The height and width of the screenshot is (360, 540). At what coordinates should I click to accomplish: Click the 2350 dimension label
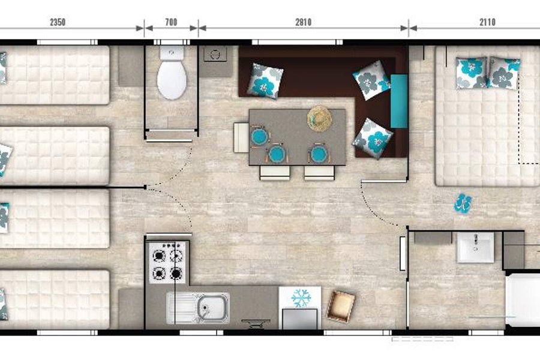click(x=58, y=22)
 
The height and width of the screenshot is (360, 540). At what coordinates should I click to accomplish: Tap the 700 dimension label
click(x=171, y=22)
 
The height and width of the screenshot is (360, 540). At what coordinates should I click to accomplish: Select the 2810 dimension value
click(x=304, y=22)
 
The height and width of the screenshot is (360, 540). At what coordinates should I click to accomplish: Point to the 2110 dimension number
click(x=487, y=22)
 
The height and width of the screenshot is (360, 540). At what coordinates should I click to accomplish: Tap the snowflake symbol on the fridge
click(x=301, y=298)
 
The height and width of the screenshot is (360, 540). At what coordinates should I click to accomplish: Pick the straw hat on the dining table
click(x=320, y=119)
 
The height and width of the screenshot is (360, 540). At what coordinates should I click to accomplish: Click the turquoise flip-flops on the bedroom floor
click(x=463, y=203)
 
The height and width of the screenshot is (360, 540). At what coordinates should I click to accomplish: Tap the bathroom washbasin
click(x=475, y=247)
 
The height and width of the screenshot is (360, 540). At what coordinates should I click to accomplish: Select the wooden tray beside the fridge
click(x=341, y=306)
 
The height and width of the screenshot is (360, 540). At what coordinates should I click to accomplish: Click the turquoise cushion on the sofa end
click(x=399, y=101)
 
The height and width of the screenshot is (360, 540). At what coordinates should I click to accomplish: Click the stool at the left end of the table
click(x=241, y=137)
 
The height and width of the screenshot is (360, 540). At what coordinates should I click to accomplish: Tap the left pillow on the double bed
click(x=471, y=73)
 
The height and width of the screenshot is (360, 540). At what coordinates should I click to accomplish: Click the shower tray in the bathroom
click(x=523, y=299)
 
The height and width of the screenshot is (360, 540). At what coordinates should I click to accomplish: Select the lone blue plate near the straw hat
click(x=319, y=154)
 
